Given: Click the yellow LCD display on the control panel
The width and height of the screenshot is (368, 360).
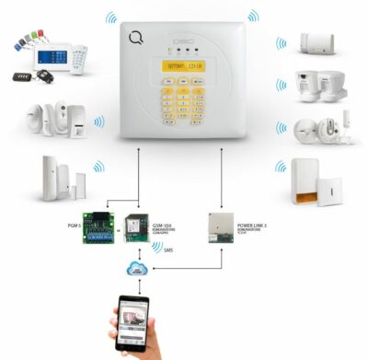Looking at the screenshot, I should [x=184, y=65].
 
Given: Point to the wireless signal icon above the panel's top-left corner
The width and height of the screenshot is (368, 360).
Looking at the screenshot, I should [x=110, y=17].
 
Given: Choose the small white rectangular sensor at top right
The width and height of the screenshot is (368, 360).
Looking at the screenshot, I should [x=316, y=42].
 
